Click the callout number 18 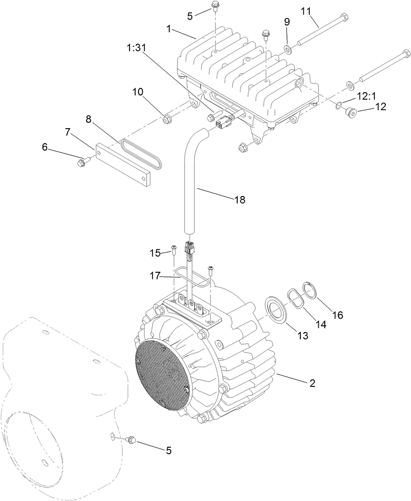tap(239, 199)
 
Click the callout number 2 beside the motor tap(312, 384)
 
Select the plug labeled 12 tap(350, 112)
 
